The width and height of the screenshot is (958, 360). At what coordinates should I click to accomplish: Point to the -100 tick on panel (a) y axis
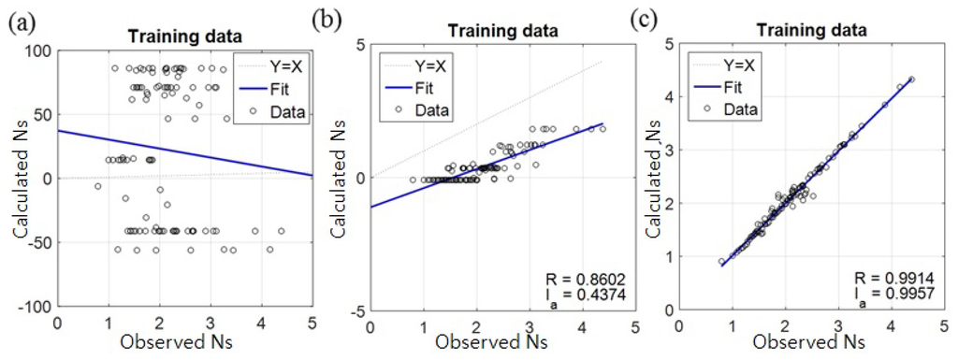[x=38, y=307]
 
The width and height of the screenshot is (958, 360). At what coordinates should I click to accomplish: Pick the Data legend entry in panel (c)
[x=735, y=108]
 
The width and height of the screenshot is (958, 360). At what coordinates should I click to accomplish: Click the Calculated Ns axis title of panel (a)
[x=15, y=178]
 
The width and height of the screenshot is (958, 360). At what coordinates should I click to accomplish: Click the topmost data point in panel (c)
[x=911, y=79]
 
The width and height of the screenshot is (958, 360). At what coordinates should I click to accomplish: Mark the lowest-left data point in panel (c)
[x=720, y=262]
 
